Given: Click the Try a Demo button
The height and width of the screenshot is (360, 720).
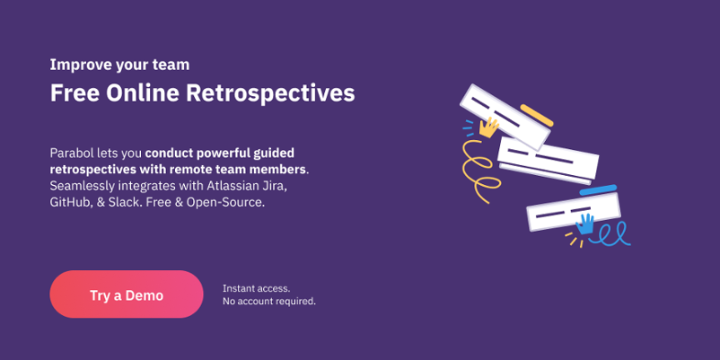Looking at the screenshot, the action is (x=127, y=294).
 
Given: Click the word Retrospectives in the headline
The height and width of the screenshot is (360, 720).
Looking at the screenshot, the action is (x=270, y=93).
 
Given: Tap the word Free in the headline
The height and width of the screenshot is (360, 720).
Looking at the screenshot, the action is (x=75, y=93).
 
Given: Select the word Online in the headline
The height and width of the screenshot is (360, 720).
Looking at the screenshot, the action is (x=143, y=93).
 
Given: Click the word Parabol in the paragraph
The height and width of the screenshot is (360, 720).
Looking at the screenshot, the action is (x=72, y=153).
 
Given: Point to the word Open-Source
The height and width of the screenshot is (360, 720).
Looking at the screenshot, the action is (x=225, y=203).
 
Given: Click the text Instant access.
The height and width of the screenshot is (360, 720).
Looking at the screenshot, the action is (x=256, y=288).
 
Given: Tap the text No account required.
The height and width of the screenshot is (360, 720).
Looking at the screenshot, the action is (x=269, y=302).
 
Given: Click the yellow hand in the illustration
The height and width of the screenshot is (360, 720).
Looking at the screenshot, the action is (x=489, y=127).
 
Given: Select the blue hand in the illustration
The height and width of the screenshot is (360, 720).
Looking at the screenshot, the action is (x=585, y=224).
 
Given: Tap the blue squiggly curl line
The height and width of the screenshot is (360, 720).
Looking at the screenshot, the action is (x=610, y=234).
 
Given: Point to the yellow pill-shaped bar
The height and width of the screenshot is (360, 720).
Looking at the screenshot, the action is (x=536, y=115).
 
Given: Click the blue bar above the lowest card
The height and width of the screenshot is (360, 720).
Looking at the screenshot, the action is (x=598, y=189).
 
